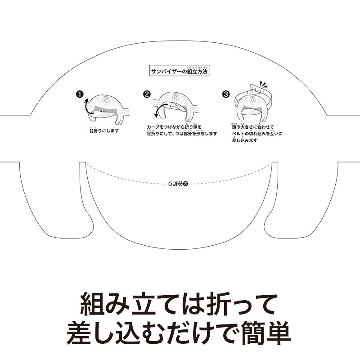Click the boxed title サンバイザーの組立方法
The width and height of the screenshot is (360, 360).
tap(180, 71)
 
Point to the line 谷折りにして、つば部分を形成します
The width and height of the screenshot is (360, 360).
tap(182, 134)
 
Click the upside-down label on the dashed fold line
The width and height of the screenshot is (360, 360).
tap(177, 184)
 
